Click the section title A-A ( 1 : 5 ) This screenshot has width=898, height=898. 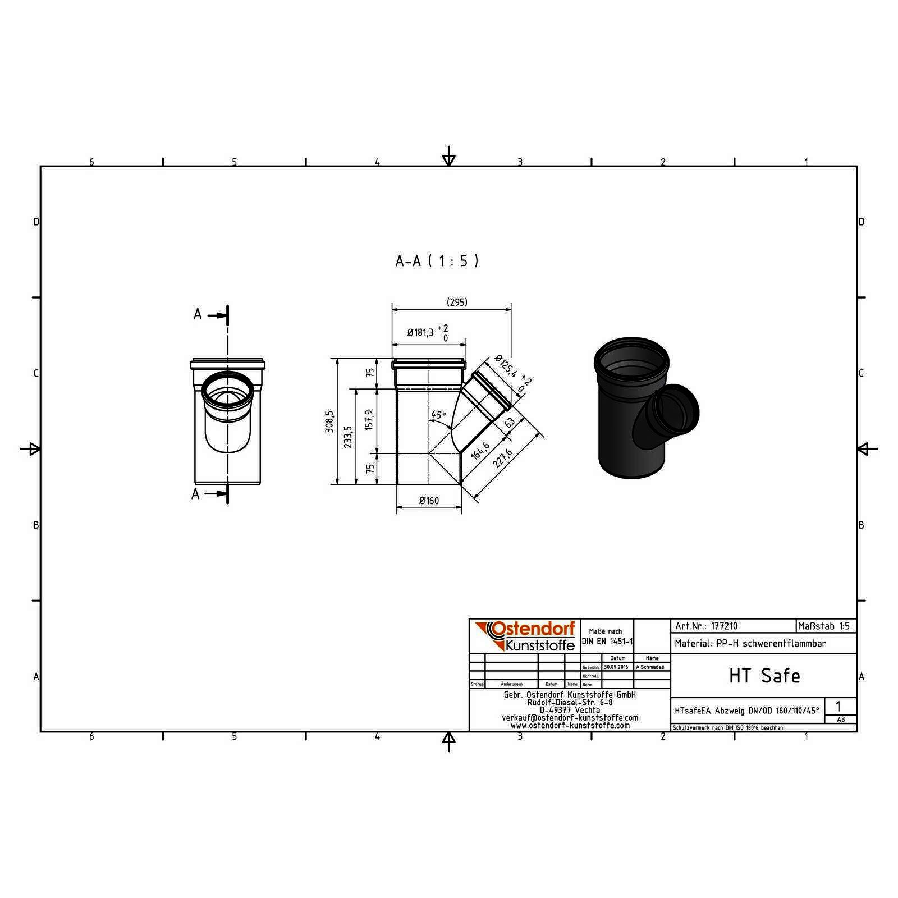click(x=437, y=261)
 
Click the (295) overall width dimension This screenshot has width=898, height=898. click(x=457, y=302)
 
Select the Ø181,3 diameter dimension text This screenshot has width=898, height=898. click(x=420, y=333)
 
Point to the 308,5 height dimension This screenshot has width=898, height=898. click(x=329, y=420)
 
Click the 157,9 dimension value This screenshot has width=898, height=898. click(x=369, y=419)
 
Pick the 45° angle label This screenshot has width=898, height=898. click(x=438, y=415)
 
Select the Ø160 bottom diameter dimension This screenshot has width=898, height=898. click(x=429, y=501)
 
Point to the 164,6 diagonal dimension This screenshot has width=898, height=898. click(x=480, y=450)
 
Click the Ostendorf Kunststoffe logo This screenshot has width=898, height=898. click(x=524, y=636)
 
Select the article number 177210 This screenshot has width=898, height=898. click(x=724, y=626)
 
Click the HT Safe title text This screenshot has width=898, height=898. click(x=764, y=676)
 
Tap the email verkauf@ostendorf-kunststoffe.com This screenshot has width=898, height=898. click(x=570, y=718)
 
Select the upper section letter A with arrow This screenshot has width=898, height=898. click(x=198, y=314)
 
